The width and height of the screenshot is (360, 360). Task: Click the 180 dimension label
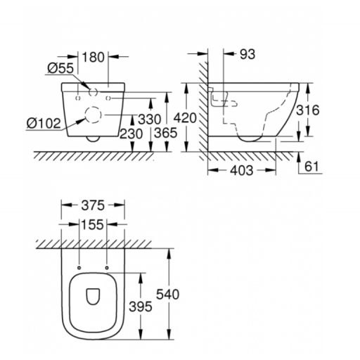[x=93, y=57]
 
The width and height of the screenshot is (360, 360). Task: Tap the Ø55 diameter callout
[x=60, y=68]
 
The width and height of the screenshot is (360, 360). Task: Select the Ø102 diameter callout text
[x=44, y=123]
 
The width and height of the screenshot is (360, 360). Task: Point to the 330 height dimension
[x=150, y=119]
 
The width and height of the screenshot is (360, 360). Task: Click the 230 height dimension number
[x=131, y=134]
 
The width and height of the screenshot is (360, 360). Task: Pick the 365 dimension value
[x=166, y=133]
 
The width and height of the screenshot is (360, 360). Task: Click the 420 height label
[x=185, y=118]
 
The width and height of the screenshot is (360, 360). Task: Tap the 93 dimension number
[x=247, y=54]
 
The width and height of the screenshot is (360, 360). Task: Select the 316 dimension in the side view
[x=308, y=110]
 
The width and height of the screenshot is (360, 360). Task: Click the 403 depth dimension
[x=242, y=170]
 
